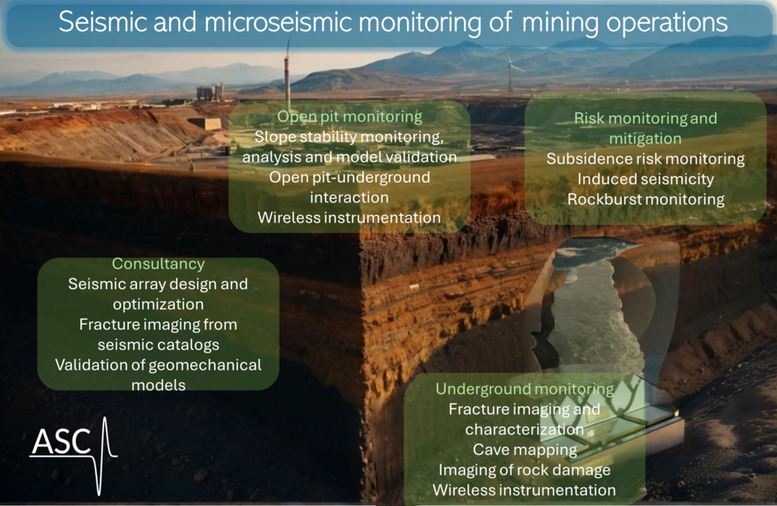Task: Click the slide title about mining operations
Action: tap(392, 22)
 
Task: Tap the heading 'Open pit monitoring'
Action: tap(349, 116)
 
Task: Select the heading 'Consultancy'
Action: tap(158, 264)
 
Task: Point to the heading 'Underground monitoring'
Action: tap(525, 389)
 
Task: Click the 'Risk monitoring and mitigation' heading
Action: tap(646, 128)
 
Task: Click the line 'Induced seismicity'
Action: tap(646, 179)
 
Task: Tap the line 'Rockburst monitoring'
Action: tap(646, 199)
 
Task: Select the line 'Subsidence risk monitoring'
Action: tap(646, 159)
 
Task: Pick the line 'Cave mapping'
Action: tap(525, 450)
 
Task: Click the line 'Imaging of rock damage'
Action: tap(525, 470)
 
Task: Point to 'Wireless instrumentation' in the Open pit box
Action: tap(349, 218)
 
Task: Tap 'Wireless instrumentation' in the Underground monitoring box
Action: tap(525, 490)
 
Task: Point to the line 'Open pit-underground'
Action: tap(349, 177)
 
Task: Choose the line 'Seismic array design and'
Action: tap(158, 284)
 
